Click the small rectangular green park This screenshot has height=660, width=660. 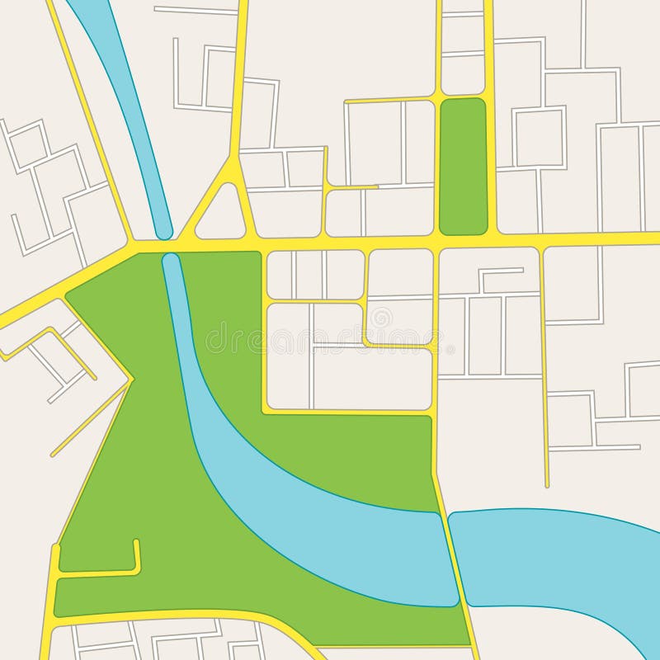463,165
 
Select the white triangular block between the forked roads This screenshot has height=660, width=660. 220,217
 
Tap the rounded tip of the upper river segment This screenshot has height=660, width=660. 163,230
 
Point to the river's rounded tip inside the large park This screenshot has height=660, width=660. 171,262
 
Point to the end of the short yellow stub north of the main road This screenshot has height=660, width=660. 377,187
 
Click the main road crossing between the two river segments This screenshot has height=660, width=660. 167,246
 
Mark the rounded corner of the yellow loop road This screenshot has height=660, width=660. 365,341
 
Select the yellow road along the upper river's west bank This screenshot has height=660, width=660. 91,124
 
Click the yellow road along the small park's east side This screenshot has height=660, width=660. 490,165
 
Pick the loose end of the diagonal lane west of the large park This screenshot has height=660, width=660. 53,455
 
